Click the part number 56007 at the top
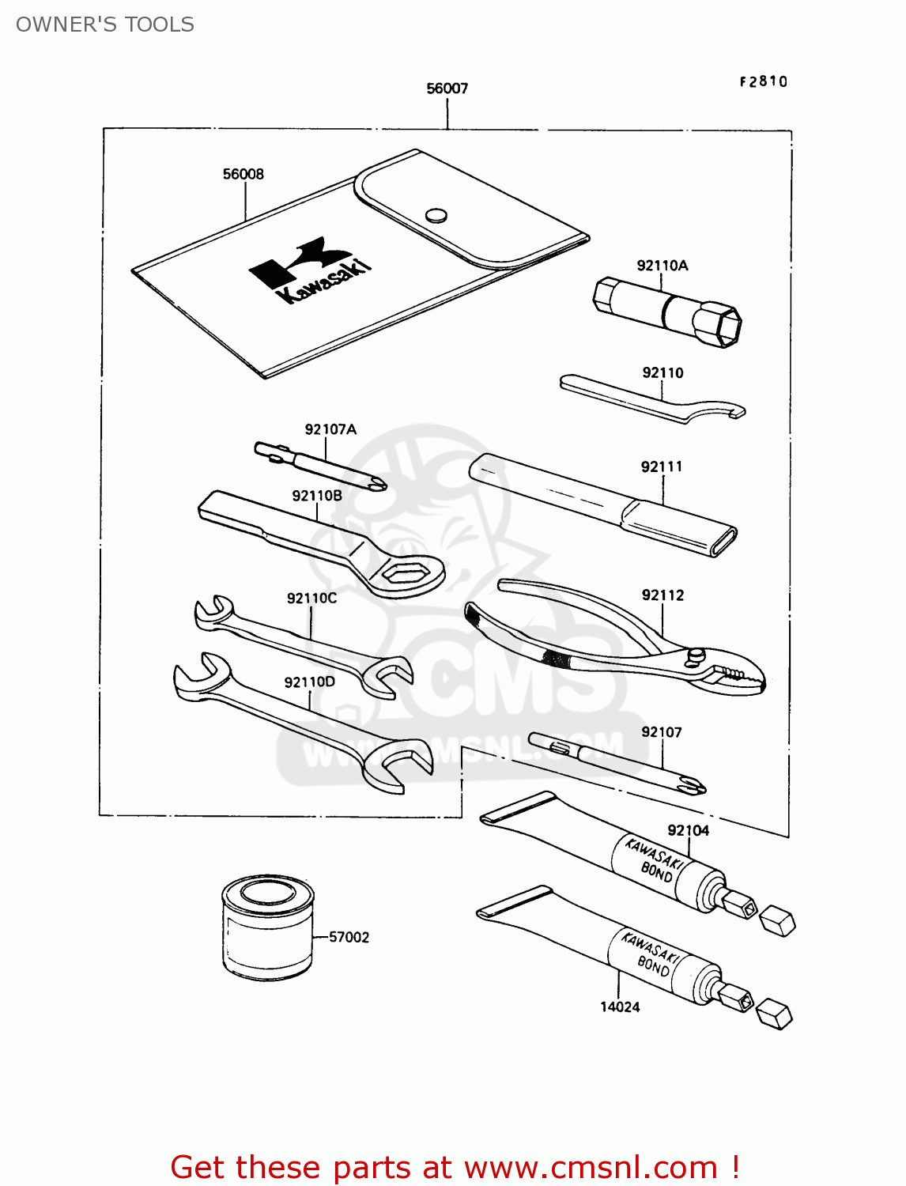pyautogui.click(x=447, y=89)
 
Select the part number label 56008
pyautogui.click(x=243, y=174)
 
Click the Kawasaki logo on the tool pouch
pyautogui.click(x=310, y=270)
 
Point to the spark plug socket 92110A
pyautogui.click(x=666, y=311)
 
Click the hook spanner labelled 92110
pyautogui.click(x=652, y=400)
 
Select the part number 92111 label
pyautogui.click(x=661, y=466)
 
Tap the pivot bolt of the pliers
pyautogui.click(x=696, y=655)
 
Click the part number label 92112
pyautogui.click(x=663, y=595)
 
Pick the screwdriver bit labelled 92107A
pyautogui.click(x=320, y=466)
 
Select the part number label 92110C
pyautogui.click(x=311, y=599)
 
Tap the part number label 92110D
pyautogui.click(x=309, y=682)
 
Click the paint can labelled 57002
pyautogui.click(x=267, y=928)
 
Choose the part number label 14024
pyautogui.click(x=620, y=1007)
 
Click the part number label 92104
pyautogui.click(x=688, y=830)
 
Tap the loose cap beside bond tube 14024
pyautogui.click(x=774, y=1014)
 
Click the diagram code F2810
pyautogui.click(x=763, y=81)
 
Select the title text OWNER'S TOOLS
pyautogui.click(x=105, y=25)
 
